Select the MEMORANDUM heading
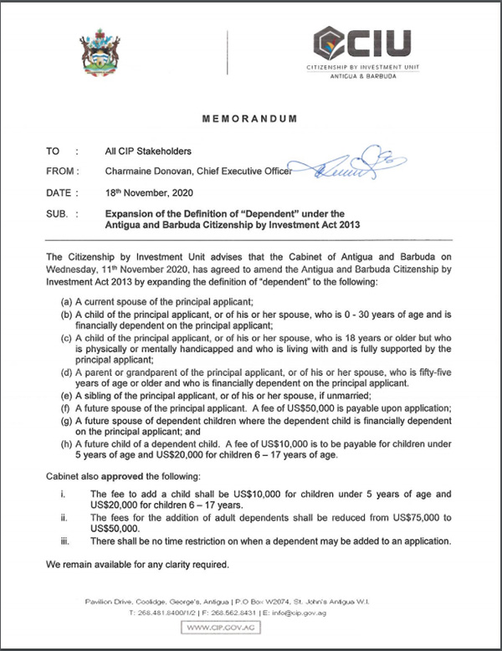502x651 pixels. pos(250,120)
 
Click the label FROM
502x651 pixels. pos(63,172)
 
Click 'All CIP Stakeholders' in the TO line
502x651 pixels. pos(149,151)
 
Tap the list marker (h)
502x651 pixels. pos(64,443)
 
